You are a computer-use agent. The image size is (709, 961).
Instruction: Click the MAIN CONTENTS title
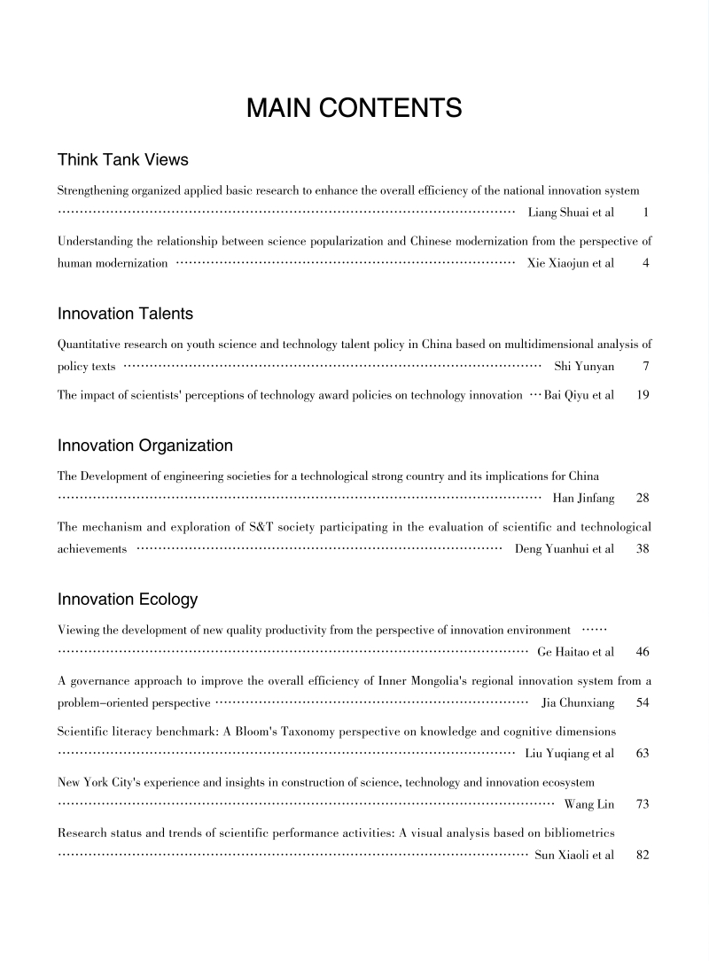(x=354, y=108)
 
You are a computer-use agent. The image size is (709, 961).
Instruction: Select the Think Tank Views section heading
(x=123, y=159)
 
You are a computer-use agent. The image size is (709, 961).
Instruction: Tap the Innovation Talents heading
(x=125, y=314)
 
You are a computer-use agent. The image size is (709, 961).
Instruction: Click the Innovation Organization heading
(x=145, y=446)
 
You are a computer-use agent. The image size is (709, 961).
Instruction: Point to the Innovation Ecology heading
(x=128, y=600)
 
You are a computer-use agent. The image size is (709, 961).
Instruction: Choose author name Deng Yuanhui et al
(x=565, y=549)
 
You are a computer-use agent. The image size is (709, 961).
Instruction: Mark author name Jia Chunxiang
(x=577, y=703)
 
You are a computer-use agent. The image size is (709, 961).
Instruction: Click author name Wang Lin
(x=589, y=804)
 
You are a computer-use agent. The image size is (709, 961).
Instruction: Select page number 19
(x=643, y=395)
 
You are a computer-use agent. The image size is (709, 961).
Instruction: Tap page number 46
(x=643, y=652)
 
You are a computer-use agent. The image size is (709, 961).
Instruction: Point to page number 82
(x=643, y=856)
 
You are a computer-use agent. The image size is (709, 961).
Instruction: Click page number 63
(x=643, y=754)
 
